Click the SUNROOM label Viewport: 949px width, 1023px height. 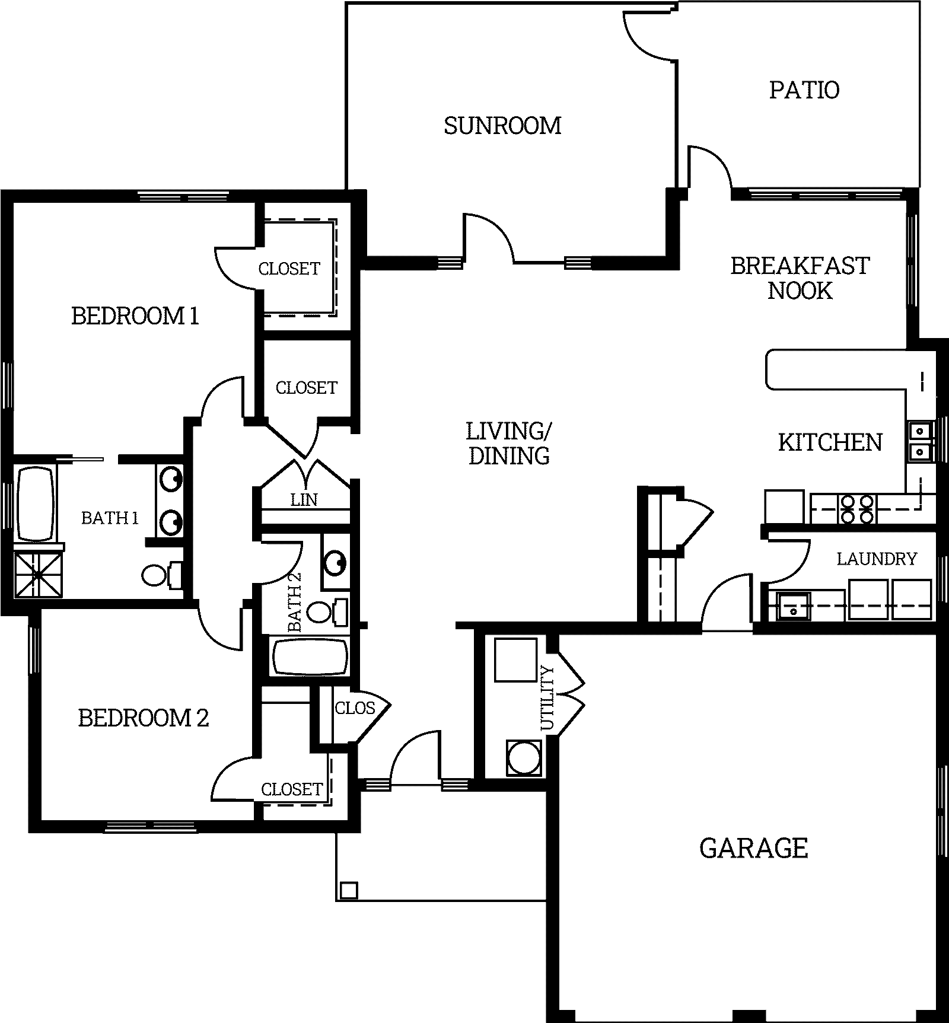(x=502, y=126)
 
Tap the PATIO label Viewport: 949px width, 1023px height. (x=804, y=90)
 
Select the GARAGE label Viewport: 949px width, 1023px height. (x=753, y=849)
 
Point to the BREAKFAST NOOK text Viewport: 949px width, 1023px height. (x=800, y=278)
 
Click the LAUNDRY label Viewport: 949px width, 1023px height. (x=877, y=559)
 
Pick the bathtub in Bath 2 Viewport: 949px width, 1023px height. (x=309, y=656)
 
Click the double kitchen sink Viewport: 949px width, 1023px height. (x=919, y=441)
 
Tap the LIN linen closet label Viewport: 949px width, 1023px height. (x=304, y=500)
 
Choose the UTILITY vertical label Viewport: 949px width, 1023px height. (x=547, y=699)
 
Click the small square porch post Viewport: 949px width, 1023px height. (x=349, y=890)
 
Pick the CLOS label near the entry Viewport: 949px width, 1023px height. (x=355, y=708)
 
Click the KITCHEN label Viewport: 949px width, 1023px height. (x=830, y=442)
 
